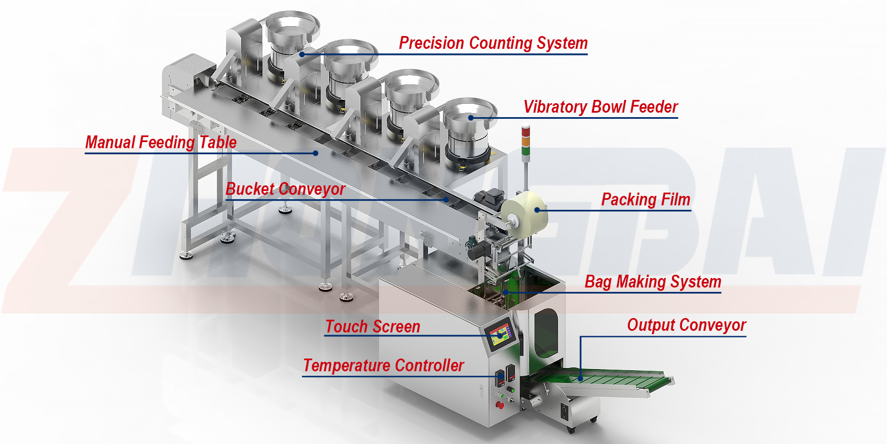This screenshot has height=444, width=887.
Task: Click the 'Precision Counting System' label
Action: (493, 43)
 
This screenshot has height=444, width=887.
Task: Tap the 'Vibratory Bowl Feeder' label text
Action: (600, 107)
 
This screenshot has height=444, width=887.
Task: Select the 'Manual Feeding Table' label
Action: (161, 143)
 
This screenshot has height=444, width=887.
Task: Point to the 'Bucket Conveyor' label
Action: (285, 189)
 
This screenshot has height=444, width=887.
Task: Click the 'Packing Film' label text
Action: (645, 200)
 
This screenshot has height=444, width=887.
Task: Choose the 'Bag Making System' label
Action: (652, 282)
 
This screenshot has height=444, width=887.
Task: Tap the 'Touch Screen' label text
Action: (373, 327)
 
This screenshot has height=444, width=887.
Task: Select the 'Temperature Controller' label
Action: (383, 366)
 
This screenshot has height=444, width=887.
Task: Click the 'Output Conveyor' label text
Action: (686, 325)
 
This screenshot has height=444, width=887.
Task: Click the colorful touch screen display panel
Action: (500, 335)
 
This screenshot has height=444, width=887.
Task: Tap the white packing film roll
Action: (524, 211)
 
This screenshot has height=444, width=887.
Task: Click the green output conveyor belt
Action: (604, 381)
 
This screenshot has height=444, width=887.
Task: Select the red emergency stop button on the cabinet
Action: (499, 405)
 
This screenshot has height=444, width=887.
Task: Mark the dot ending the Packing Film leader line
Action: (537, 210)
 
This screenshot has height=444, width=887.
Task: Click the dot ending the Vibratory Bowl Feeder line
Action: (471, 118)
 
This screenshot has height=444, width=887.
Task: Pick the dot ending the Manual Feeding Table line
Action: (315, 153)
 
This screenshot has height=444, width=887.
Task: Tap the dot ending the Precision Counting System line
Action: (302, 54)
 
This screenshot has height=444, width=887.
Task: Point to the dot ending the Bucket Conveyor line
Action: (446, 200)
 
